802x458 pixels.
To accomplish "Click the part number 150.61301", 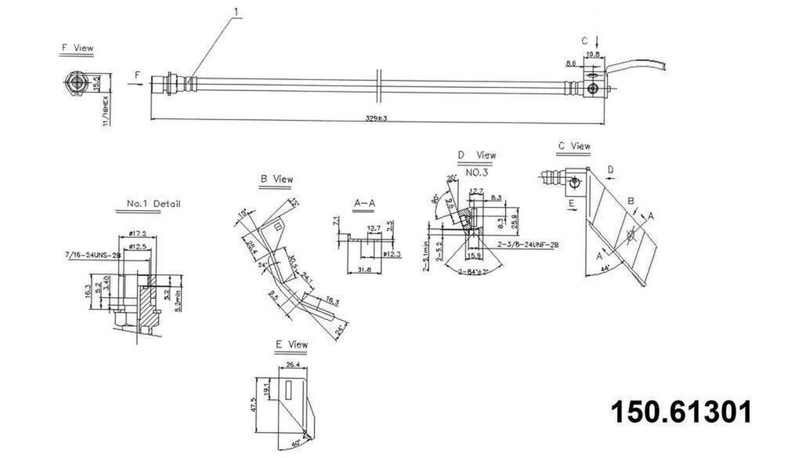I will click(x=681, y=412).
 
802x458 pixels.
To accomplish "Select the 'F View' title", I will click(x=77, y=48).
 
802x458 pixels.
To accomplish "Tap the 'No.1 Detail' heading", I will click(x=154, y=204).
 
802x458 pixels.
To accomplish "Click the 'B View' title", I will click(x=276, y=180).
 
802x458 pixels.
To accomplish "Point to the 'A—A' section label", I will click(x=365, y=202).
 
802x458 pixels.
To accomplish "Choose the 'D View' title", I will click(x=477, y=155).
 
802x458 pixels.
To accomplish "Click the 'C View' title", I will click(x=574, y=146).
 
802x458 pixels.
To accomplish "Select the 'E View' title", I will click(x=291, y=344).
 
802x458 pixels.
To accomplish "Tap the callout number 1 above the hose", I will click(x=236, y=12).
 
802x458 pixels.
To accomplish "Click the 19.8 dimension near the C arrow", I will click(x=592, y=55).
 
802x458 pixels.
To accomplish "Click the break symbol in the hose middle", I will click(x=378, y=84).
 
